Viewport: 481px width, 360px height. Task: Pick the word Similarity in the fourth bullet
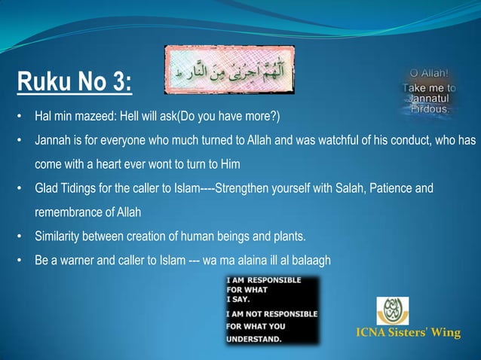coord(57,237)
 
